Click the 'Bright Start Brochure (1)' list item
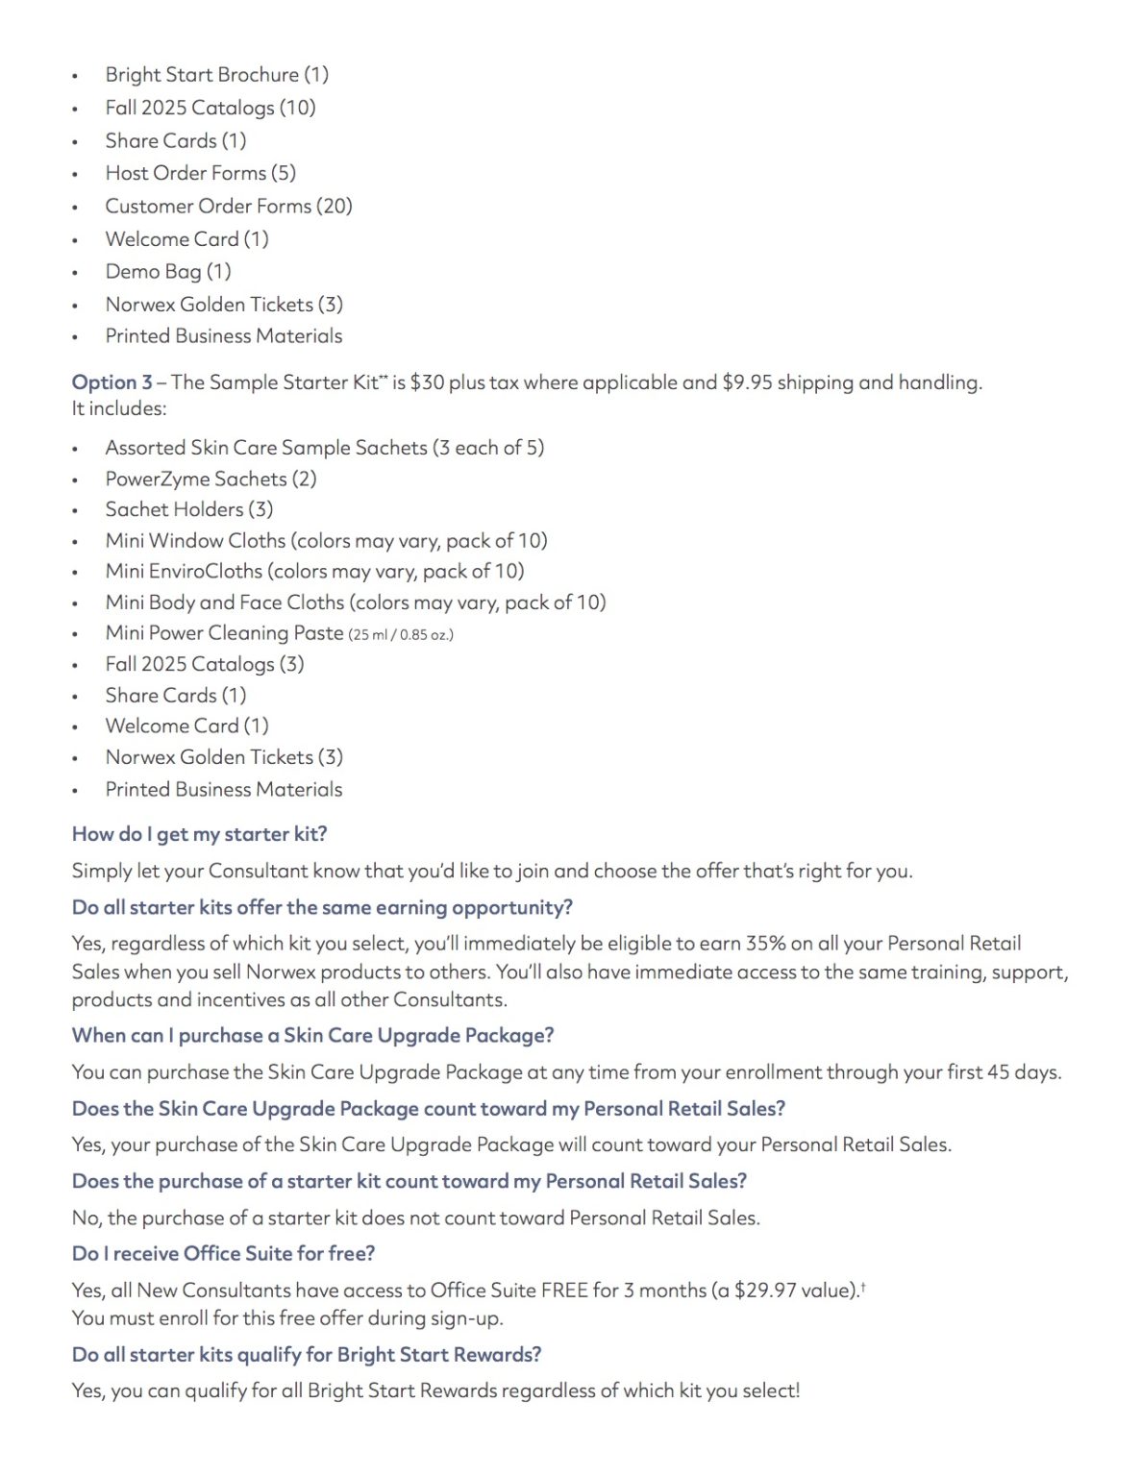216,75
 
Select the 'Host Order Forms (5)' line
200,173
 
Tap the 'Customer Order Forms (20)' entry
229,206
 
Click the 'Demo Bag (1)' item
168,272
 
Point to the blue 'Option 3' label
112,382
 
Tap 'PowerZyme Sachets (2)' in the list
211,479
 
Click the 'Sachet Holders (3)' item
189,509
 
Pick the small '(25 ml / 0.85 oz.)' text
401,634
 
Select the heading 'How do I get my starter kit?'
199,834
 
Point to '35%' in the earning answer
766,943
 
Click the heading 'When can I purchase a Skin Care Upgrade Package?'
312,1035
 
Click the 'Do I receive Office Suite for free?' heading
223,1253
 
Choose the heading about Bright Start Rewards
307,1354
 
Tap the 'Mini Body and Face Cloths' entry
356,603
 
